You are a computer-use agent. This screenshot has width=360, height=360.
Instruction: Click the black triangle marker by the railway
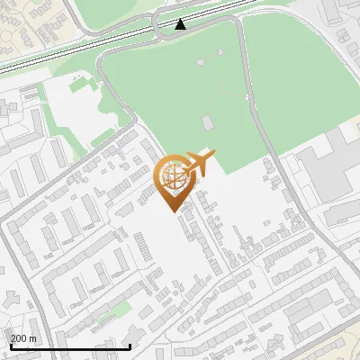pos(181,24)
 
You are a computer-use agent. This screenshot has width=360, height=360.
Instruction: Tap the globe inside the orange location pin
pos(172,176)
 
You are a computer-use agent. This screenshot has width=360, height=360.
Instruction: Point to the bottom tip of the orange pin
pos(172,211)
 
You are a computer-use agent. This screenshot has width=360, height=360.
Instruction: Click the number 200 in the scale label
pos(19,338)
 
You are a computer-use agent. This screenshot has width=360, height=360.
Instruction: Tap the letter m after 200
pos(34,338)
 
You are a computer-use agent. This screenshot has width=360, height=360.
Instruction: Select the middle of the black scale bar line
pos(70,346)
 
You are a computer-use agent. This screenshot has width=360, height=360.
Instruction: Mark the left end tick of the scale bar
pos(10,345)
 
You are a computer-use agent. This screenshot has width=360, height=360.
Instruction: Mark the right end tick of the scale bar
pos(130,345)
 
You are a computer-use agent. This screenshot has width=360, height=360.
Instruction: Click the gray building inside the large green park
pos(208,121)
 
